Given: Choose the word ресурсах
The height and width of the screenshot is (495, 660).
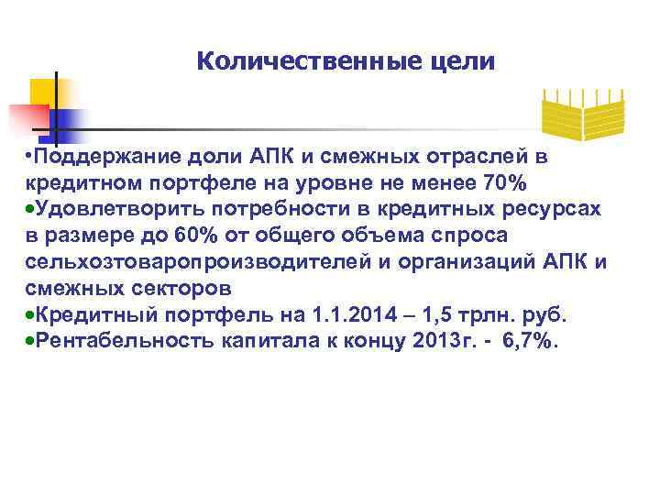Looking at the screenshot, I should coord(555,210).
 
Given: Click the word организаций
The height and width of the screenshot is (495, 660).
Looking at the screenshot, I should coord(489,263).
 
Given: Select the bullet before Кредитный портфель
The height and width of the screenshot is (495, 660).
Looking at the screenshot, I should coord(30,316).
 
